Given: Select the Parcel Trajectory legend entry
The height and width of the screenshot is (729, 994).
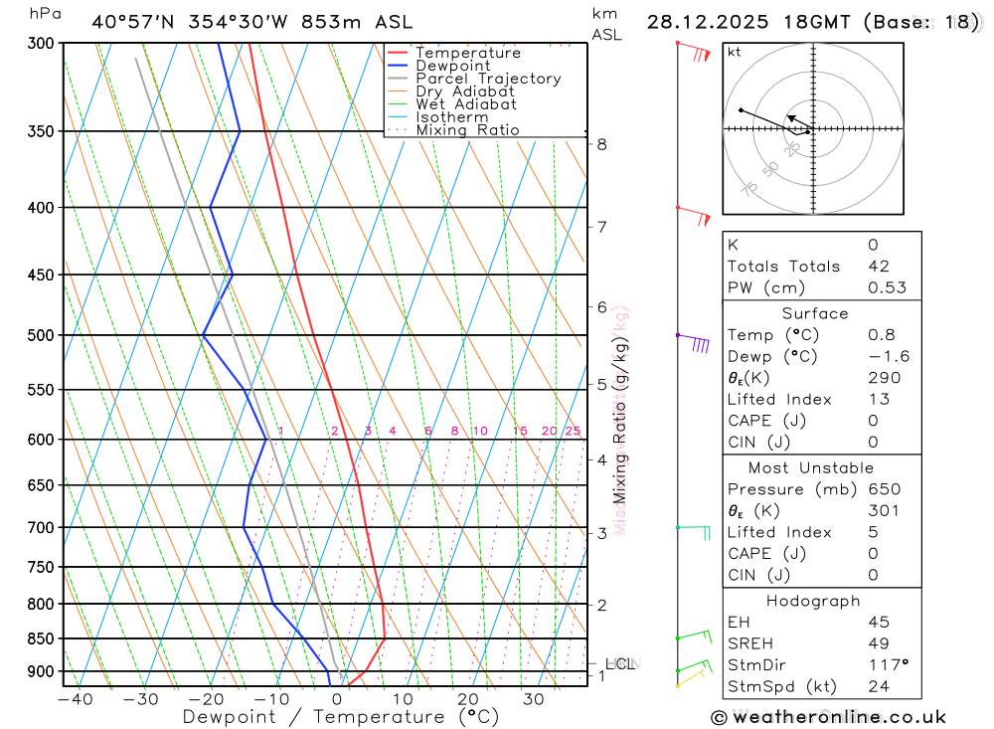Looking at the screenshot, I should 488,79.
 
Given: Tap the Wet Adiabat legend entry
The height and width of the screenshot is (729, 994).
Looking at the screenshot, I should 466,104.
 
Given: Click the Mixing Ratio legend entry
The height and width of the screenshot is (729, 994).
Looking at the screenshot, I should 467,130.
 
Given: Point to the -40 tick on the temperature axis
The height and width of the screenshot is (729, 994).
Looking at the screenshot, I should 76,699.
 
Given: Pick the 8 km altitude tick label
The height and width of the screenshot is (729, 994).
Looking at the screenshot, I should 601,144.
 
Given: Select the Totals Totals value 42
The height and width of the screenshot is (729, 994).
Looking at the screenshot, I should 879,267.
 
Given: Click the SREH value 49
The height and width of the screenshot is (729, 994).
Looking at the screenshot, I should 879,643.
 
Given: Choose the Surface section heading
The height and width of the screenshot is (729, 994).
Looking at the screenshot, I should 815,313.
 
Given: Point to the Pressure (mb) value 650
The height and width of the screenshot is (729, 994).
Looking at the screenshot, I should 884,489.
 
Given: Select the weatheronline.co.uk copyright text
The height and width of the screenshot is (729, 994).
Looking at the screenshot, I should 828,717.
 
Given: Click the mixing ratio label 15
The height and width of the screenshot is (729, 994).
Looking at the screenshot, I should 520,431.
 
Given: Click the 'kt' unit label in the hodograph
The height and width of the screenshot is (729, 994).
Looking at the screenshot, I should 734,51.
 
